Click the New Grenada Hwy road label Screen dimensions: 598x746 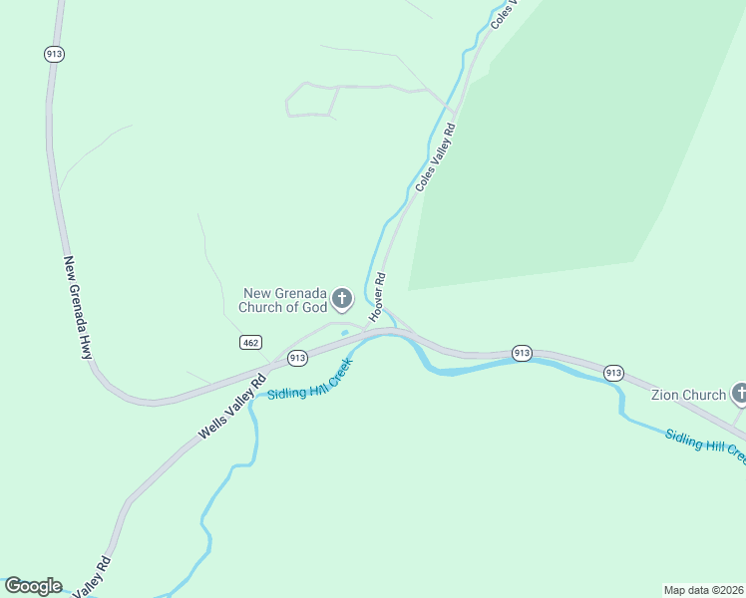point(78,308)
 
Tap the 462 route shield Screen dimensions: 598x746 point(250,343)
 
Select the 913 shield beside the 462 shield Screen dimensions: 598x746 point(296,358)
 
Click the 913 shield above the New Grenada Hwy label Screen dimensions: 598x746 point(55,55)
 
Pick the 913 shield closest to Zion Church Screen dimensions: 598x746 point(613,373)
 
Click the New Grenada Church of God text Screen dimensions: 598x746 point(285,300)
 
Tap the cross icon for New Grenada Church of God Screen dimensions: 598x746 point(342,298)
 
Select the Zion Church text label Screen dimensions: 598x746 point(688,395)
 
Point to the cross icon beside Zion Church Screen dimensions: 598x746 point(739,394)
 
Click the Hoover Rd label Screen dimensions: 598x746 point(378,297)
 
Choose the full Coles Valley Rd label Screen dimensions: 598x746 point(435,157)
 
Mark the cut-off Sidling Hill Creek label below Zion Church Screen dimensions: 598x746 point(705,446)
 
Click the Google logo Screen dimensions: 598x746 point(33,586)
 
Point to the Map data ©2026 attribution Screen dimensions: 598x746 point(704,590)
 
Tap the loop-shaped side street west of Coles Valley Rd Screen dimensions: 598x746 point(311,101)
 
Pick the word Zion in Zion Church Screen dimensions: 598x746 point(666,395)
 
